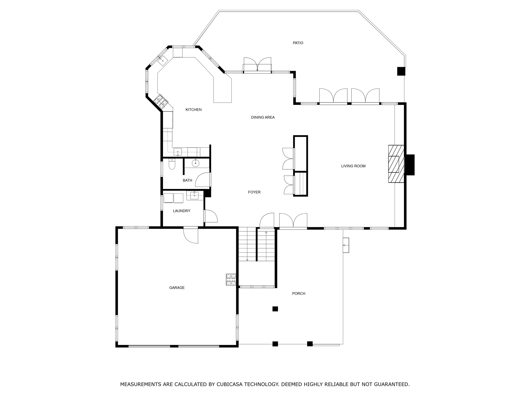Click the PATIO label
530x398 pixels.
point(298,43)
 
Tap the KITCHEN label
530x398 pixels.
point(193,110)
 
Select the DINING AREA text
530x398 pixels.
point(263,117)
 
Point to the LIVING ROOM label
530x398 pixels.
point(353,166)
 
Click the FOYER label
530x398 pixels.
point(254,192)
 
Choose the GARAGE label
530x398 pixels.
point(177,288)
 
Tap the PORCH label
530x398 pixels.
point(299,294)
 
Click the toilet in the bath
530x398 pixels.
point(172,164)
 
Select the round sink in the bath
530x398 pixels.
point(195,163)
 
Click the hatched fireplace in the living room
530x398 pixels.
point(396,164)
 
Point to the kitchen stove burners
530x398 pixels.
point(161,101)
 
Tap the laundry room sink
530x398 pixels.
point(194,195)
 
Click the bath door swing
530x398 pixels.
point(203,180)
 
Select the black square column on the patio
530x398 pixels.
point(401,71)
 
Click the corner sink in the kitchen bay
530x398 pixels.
point(163,61)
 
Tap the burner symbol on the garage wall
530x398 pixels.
point(231,280)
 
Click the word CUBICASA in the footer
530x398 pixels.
point(226,384)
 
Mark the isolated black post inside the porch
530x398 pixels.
point(275,309)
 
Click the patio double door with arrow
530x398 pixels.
point(257,65)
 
